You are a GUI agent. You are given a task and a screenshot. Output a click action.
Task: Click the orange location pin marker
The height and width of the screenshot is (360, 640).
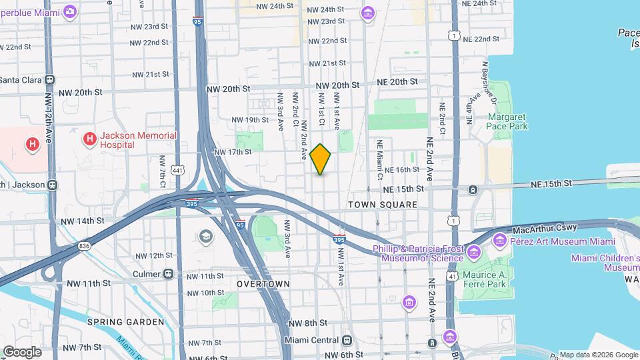click(321, 159)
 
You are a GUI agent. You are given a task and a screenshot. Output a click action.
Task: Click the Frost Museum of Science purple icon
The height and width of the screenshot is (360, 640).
click(474, 252)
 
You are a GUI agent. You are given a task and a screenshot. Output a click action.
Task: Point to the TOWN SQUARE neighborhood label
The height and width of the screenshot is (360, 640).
click(383, 205)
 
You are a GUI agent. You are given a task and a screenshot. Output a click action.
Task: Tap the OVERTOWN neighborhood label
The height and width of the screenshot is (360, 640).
click(263, 284)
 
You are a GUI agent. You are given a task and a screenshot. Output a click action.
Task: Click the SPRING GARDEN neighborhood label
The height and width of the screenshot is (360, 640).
click(125, 322)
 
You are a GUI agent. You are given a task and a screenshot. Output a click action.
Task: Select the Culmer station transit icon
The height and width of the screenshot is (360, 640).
click(168, 273)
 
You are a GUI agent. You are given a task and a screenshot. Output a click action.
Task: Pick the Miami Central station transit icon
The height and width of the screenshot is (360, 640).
click(346, 340)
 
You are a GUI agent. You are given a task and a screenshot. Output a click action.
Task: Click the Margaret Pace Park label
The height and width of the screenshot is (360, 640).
click(507, 121)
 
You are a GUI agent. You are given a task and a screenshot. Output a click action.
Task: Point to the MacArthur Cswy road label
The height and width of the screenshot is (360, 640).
click(544, 229)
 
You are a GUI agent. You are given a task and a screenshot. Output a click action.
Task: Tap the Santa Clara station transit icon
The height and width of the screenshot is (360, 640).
click(50, 79)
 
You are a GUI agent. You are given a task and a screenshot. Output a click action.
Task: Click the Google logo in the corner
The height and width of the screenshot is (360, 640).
click(22, 351)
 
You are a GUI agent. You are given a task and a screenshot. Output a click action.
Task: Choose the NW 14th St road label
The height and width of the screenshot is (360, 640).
click(83, 221)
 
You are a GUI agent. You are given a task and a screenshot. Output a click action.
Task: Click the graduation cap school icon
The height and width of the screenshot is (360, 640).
click(205, 236)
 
